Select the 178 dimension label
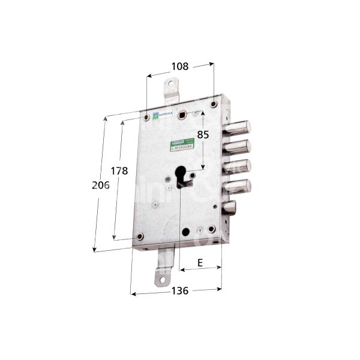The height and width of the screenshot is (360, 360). point(120,171)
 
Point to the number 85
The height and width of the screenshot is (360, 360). point(203,136)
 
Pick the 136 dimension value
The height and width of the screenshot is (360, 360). point(178,291)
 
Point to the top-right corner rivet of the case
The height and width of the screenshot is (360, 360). point(214,106)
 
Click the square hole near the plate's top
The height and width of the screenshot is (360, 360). point(196,113)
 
